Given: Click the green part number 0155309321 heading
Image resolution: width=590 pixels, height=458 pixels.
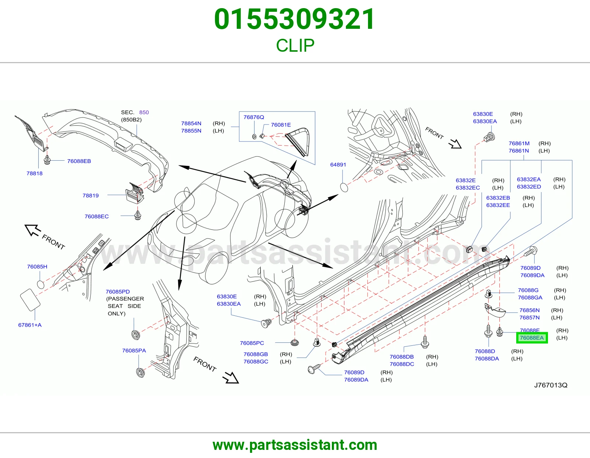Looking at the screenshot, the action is click(x=295, y=19).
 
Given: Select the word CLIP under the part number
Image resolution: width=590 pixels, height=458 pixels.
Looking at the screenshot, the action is click(x=295, y=45).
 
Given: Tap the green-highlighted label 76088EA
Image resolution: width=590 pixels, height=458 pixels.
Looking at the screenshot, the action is click(x=532, y=338).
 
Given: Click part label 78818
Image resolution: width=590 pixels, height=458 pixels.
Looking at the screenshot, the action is click(x=35, y=173).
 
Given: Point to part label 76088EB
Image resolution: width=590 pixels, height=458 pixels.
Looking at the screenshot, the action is click(x=79, y=161).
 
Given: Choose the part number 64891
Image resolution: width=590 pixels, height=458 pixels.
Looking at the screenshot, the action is click(x=338, y=164).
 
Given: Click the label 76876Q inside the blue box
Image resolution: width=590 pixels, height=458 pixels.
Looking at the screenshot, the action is click(x=254, y=117).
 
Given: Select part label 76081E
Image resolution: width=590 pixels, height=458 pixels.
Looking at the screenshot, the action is click(x=281, y=125).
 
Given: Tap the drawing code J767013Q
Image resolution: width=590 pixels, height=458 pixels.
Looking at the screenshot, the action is click(x=551, y=385).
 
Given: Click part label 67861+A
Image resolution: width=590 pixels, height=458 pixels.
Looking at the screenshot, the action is click(x=30, y=325).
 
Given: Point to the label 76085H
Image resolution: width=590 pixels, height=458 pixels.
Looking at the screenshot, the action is click(x=37, y=267).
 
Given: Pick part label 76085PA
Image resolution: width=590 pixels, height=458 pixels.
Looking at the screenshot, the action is click(x=134, y=351).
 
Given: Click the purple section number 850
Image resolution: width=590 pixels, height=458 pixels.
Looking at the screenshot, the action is click(x=144, y=112).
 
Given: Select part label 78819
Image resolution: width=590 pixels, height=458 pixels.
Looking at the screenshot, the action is click(x=90, y=195).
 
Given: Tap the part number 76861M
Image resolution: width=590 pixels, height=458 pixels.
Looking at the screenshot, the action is click(x=519, y=143).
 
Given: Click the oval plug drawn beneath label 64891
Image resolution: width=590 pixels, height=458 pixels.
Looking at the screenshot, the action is click(x=344, y=188).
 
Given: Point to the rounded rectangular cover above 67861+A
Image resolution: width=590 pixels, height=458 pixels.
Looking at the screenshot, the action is click(x=30, y=300).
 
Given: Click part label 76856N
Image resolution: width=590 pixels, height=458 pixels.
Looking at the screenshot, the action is click(x=530, y=310).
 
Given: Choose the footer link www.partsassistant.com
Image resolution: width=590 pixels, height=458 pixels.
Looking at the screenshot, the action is click(x=295, y=445).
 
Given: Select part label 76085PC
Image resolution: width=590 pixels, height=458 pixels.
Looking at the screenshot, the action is click(x=252, y=343).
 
